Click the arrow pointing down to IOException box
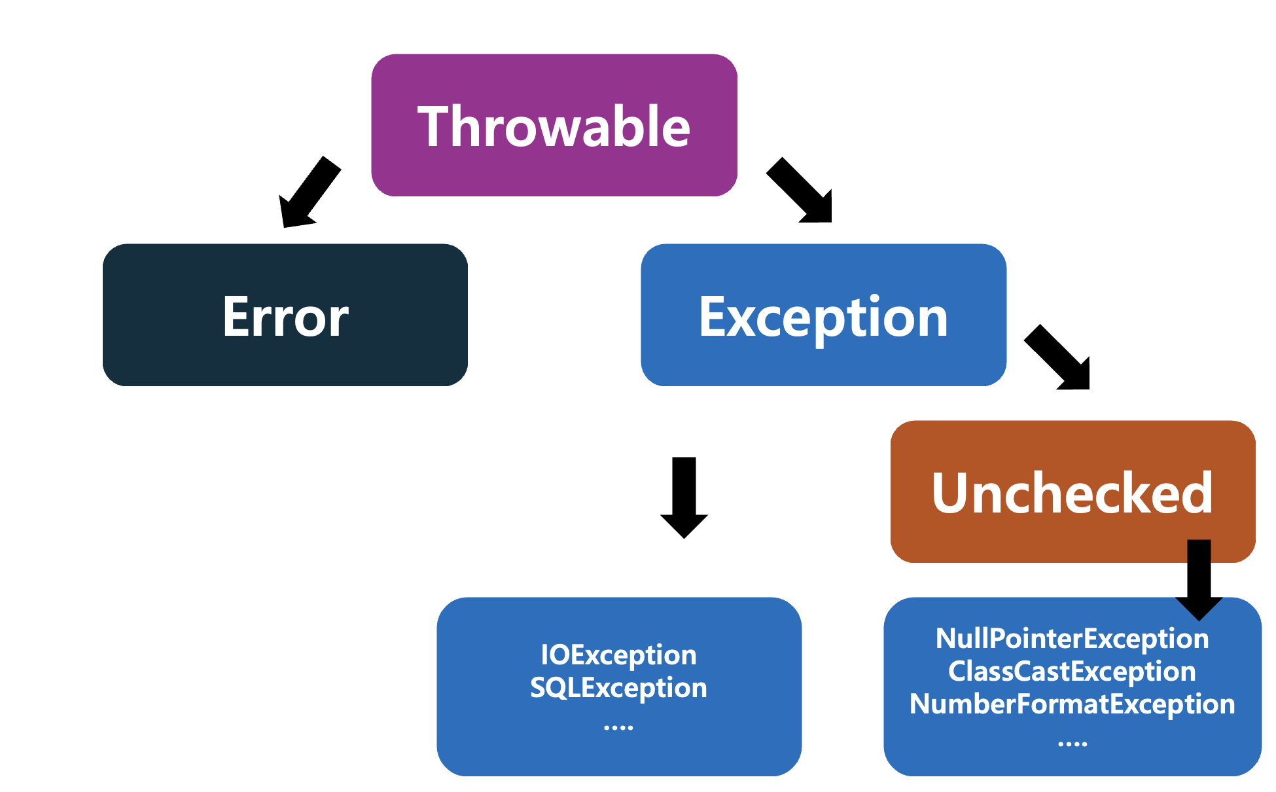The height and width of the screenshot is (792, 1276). coord(684,497)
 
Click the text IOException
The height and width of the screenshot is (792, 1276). coord(618,655)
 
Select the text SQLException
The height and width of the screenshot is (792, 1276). coord(618,688)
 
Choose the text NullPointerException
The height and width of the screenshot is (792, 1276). coord(1072,639)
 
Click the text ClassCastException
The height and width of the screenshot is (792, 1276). coord(1072,672)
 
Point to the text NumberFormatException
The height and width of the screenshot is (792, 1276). coord(1072,704)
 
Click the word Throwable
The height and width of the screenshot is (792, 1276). coord(554,126)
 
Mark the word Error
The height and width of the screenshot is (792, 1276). coord(285,317)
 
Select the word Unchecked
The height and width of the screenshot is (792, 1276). coord(1072,493)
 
